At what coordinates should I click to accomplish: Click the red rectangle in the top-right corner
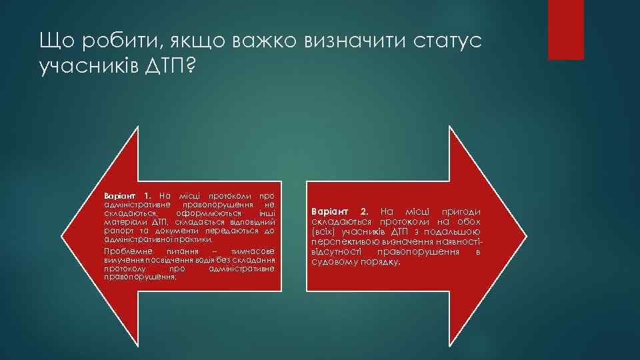click(565, 30)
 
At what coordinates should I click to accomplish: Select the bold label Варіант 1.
click(128, 195)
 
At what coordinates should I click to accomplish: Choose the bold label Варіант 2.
click(339, 211)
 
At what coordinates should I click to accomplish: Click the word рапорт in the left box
click(116, 230)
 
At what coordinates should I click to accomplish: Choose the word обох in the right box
click(468, 221)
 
